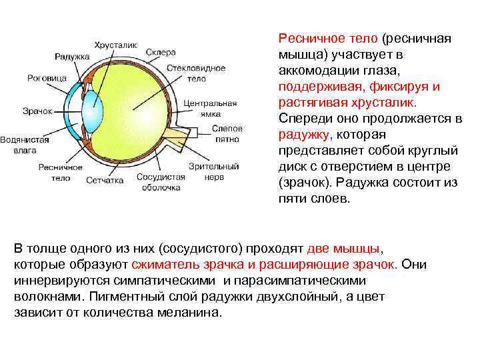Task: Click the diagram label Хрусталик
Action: pyautogui.click(x=115, y=45)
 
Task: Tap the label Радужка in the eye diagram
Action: pyautogui.click(x=72, y=57)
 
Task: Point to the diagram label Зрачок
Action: pyautogui.click(x=37, y=110)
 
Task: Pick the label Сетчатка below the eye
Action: pyautogui.click(x=105, y=180)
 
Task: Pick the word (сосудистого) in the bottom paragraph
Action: pyautogui.click(x=200, y=249)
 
